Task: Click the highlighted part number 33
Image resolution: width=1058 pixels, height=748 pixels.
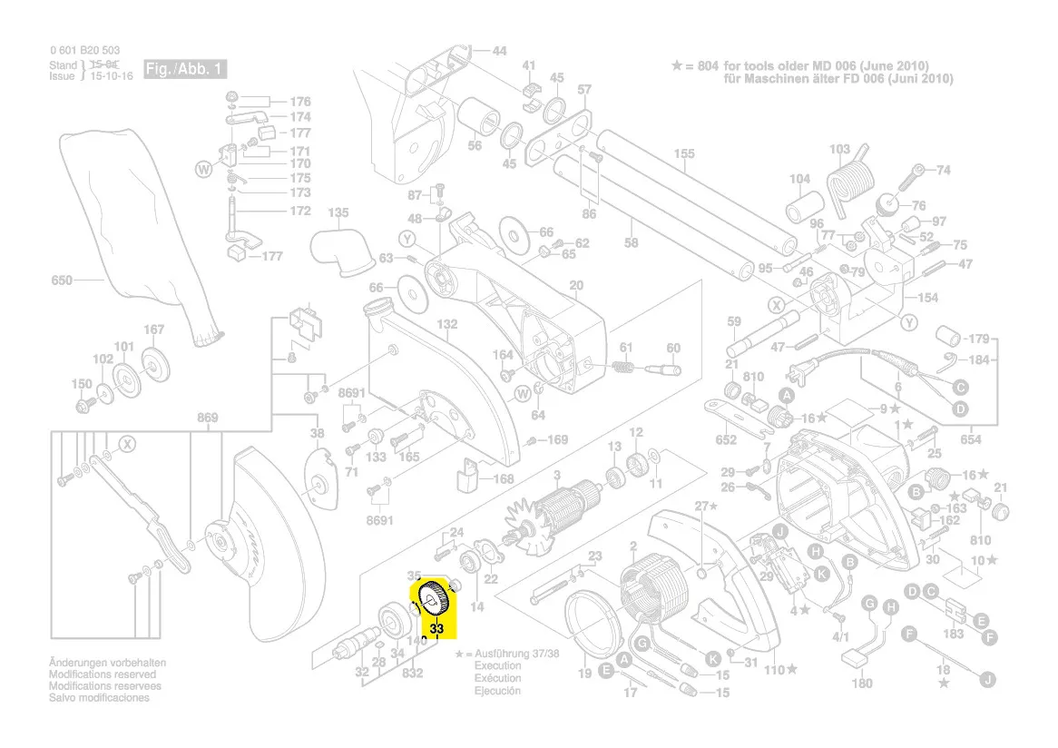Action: coord(437,628)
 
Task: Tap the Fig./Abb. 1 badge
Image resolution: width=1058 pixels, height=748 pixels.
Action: coord(183,70)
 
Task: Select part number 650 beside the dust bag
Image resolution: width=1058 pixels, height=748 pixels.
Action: coord(61,280)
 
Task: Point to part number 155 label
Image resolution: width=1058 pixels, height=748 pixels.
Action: coord(684,154)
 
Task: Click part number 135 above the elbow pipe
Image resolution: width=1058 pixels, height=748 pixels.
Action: coord(338,213)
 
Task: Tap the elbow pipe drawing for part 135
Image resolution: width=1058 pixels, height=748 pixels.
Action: coord(342,251)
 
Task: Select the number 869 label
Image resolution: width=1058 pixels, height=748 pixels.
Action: coord(208,418)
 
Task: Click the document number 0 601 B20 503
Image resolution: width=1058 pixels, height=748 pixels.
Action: coord(84,51)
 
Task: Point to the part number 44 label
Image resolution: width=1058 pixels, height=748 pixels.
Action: coord(499,51)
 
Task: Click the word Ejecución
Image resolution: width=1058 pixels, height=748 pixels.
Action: coord(497,691)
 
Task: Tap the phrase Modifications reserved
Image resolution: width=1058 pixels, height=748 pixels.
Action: coord(102,674)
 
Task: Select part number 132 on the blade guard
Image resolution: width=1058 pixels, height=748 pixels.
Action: coord(447,323)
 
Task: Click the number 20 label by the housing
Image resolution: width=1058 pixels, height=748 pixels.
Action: coord(576,287)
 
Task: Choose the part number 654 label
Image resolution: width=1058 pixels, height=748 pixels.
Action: coord(971,439)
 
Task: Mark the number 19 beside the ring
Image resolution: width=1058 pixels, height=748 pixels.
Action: coord(584,673)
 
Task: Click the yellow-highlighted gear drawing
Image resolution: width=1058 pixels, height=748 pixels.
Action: coord(434,600)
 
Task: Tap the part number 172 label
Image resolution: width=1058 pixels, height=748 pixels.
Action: coord(299,211)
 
